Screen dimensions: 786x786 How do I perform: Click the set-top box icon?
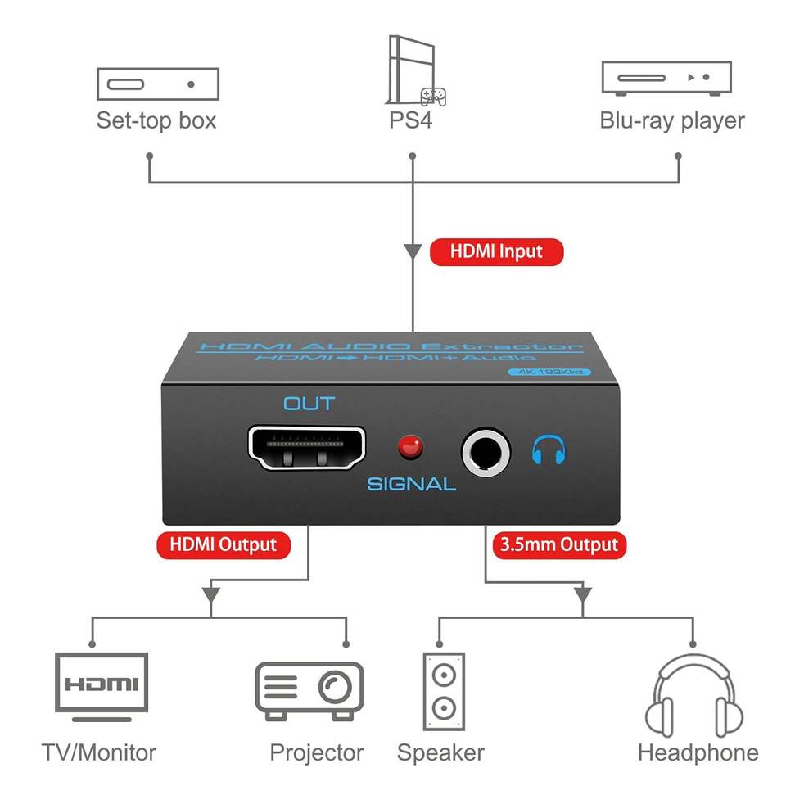(158, 84)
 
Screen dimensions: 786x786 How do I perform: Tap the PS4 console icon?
(414, 70)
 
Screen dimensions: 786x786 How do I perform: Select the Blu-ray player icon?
(666, 79)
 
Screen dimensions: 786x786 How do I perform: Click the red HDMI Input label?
(496, 251)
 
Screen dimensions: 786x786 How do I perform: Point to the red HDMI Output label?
(224, 545)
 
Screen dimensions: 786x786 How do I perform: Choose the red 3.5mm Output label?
(559, 545)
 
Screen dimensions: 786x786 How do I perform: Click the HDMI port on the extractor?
(307, 448)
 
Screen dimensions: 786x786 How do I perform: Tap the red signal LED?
(410, 447)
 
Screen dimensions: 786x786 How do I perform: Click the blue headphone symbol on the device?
(549, 449)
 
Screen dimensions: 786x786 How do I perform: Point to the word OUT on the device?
(309, 404)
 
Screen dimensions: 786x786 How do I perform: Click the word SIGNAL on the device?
(412, 484)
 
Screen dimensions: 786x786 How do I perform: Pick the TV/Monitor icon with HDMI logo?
(102, 687)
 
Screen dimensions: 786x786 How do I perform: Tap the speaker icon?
(444, 691)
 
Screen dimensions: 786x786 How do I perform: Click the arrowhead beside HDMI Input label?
(413, 251)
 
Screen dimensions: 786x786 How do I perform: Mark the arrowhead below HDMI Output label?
(211, 594)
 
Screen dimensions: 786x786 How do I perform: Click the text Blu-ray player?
(672, 121)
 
